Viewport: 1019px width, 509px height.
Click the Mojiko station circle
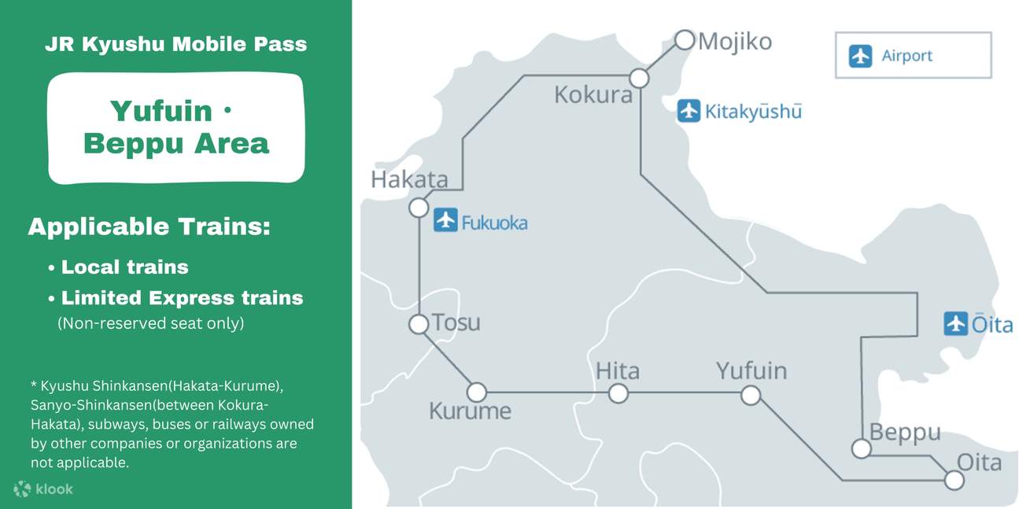[x=685, y=39]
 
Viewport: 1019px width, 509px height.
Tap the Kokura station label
[x=593, y=95]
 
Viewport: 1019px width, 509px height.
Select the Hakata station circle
[x=419, y=208]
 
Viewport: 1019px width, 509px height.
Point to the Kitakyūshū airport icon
[x=689, y=110]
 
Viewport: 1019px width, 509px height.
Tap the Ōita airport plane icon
[x=955, y=323]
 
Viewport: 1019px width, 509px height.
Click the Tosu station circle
[x=419, y=323]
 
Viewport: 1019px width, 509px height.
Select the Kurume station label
[x=470, y=411]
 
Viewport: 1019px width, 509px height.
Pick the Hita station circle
[x=618, y=393]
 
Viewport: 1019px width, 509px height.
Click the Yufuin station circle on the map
[x=751, y=395]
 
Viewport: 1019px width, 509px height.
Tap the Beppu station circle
[x=862, y=448]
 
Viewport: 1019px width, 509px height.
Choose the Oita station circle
[x=954, y=480]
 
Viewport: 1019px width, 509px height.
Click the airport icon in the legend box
[x=861, y=56]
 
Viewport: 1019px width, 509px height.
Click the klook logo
[x=44, y=489]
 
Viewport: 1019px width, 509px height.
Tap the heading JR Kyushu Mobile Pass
[x=175, y=44]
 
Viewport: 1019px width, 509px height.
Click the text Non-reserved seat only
[x=150, y=323]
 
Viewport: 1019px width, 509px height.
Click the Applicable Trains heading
[x=150, y=227]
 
